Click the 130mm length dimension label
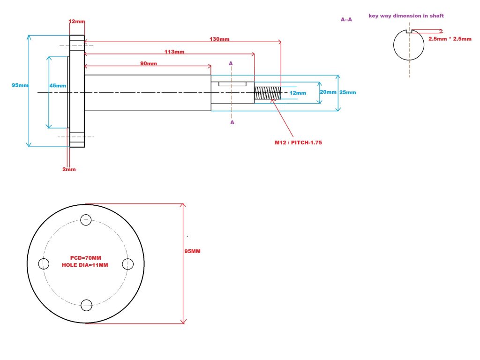[220, 39]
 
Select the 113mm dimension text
[174, 52]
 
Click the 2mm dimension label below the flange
[69, 169]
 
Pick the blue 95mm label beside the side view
[21, 85]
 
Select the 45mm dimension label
[58, 86]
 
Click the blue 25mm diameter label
[347, 92]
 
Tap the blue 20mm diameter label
[328, 92]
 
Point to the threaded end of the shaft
[267, 93]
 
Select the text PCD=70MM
[82, 258]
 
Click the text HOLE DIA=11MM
[85, 265]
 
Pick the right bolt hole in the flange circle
[127, 263]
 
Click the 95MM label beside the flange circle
[193, 251]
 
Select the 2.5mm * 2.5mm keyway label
[450, 39]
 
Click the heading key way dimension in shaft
[406, 16]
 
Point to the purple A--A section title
[346, 19]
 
